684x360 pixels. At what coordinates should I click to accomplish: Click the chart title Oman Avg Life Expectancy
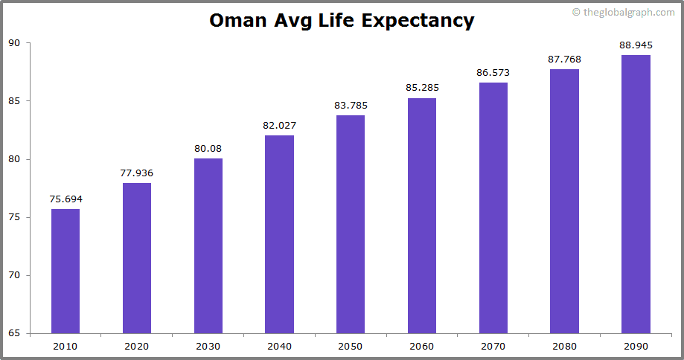[x=342, y=20]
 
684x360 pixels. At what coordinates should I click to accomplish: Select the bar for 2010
[x=65, y=271]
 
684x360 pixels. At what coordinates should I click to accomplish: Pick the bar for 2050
[x=351, y=224]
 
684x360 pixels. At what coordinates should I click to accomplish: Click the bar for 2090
[x=636, y=194]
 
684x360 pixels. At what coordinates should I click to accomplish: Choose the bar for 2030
[x=208, y=245]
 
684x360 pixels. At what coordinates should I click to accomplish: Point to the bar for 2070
[x=493, y=208]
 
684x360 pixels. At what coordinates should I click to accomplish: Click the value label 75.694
[x=65, y=199]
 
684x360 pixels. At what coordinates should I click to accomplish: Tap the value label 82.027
[x=279, y=125]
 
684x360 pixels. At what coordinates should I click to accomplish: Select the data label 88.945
[x=636, y=45]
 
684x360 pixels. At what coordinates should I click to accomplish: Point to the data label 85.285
[x=422, y=87]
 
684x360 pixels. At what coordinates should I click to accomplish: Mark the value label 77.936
[x=137, y=173]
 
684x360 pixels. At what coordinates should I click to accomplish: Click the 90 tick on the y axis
[x=14, y=43]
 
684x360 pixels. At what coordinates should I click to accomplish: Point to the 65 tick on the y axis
[x=14, y=333]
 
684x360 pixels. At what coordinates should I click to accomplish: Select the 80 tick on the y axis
[x=14, y=159]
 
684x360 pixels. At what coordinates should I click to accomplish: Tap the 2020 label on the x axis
[x=137, y=346]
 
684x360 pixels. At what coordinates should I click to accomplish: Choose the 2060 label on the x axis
[x=422, y=346]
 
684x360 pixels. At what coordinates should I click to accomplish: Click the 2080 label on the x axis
[x=564, y=346]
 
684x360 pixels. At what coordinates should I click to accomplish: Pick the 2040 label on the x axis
[x=279, y=346]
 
